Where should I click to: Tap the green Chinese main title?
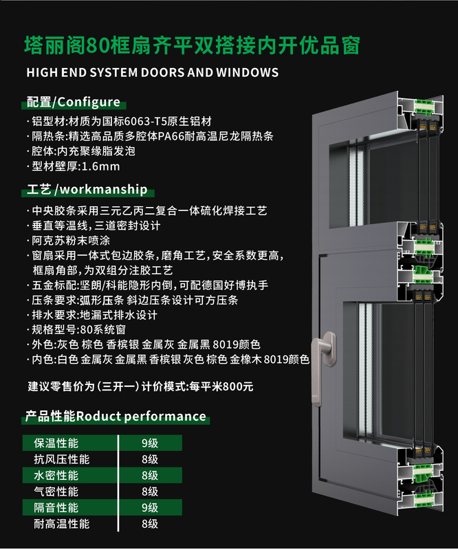[x=193, y=46]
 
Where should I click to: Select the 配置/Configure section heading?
[x=74, y=102]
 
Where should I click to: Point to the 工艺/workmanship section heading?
[x=87, y=190]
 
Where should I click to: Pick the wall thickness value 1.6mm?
[x=100, y=166]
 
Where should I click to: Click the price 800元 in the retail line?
[x=238, y=386]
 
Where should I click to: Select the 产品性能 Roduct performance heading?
[x=116, y=417]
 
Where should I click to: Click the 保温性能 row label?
[x=56, y=443]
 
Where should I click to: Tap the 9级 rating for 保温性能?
[x=150, y=443]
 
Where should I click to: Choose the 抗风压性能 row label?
[x=62, y=459]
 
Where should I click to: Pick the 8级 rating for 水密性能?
[x=150, y=475]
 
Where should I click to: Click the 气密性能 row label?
[x=56, y=492]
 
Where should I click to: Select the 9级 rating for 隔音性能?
[x=150, y=507]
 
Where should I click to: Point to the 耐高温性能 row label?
[x=62, y=524]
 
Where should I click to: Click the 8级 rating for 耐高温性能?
[x=150, y=524]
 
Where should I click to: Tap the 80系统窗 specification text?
[x=103, y=330]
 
